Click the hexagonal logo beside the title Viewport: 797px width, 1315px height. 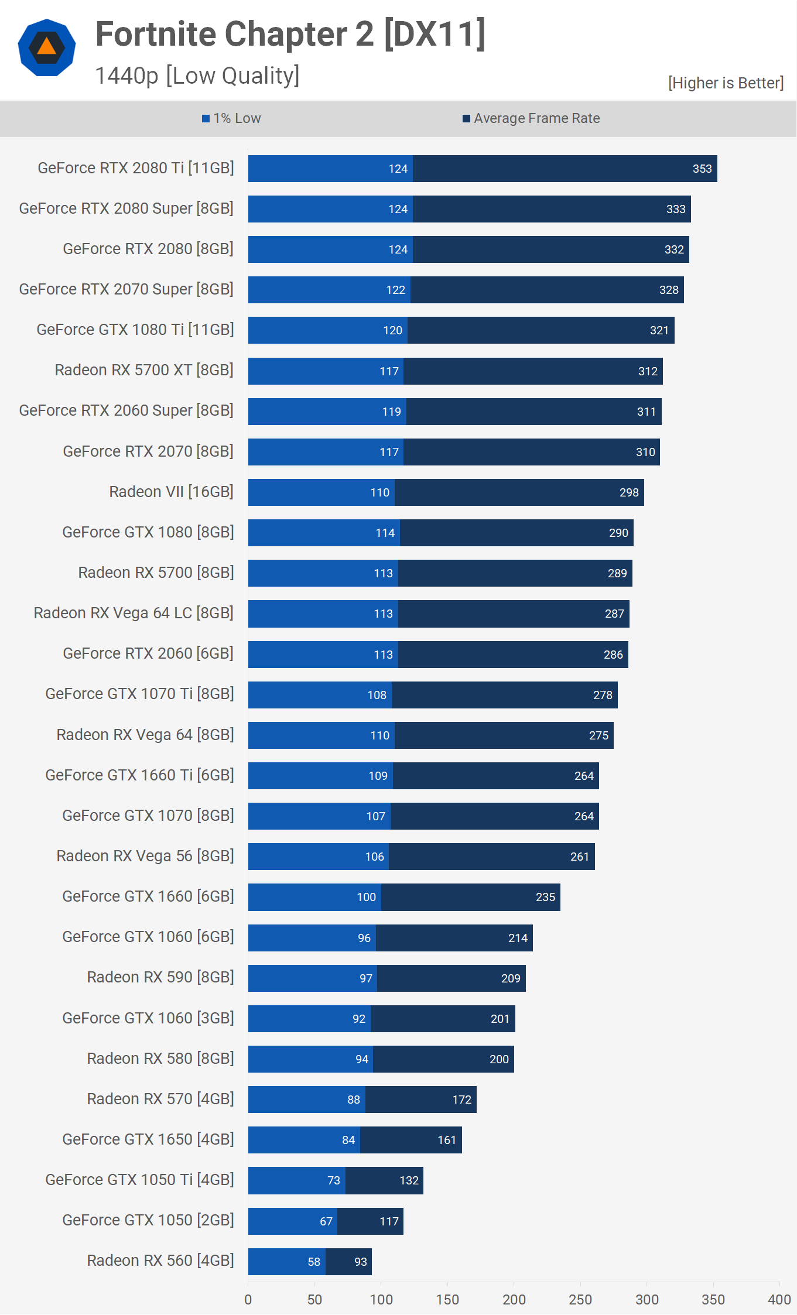pyautogui.click(x=47, y=47)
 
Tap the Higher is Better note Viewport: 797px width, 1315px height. pyautogui.click(x=726, y=83)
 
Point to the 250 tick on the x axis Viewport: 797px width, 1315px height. pyautogui.click(x=580, y=1300)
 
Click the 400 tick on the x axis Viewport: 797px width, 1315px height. pyautogui.click(x=779, y=1300)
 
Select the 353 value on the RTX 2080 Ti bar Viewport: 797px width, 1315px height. pyautogui.click(x=702, y=169)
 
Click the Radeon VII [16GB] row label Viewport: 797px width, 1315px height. pyautogui.click(x=171, y=492)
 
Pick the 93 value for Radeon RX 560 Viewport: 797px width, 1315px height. pyautogui.click(x=361, y=1262)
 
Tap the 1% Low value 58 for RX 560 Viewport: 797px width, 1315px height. pyautogui.click(x=314, y=1262)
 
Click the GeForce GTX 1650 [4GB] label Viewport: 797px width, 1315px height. pyautogui.click(x=148, y=1139)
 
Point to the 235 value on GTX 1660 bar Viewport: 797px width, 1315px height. pyautogui.click(x=545, y=897)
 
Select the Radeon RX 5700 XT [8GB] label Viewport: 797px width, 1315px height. pyautogui.click(x=144, y=370)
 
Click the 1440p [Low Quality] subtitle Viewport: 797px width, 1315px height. pyautogui.click(x=197, y=76)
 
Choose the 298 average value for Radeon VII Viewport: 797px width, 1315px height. pyautogui.click(x=629, y=492)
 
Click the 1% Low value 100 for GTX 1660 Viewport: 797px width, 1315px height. pyautogui.click(x=367, y=897)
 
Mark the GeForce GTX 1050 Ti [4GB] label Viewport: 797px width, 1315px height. pyautogui.click(x=139, y=1180)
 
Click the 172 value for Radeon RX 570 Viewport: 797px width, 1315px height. pyautogui.click(x=461, y=1100)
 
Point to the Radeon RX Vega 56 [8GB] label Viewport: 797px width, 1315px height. pyautogui.click(x=145, y=856)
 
